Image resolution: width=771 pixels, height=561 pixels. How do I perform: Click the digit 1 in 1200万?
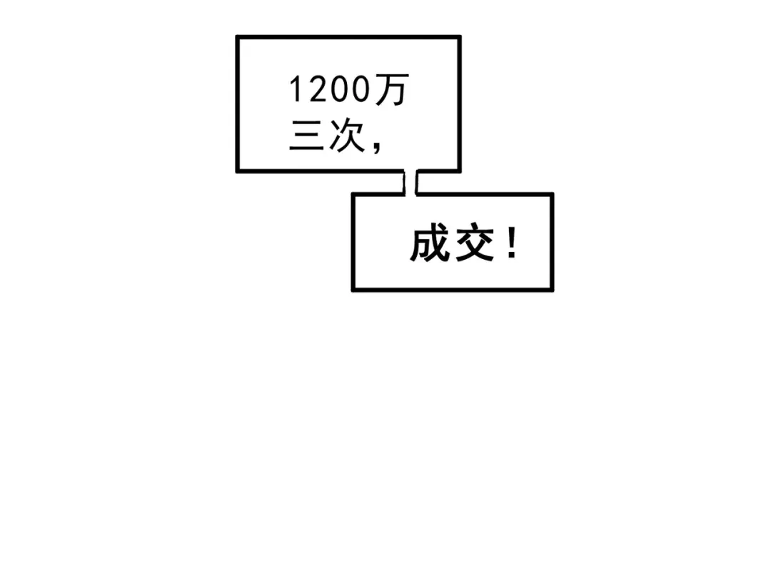295,89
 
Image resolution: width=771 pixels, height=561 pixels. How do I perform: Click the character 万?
392,89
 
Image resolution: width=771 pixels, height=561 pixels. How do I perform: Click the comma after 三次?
376,146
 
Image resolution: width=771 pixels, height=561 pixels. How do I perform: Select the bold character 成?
430,243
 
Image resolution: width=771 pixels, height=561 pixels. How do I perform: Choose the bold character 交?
475,243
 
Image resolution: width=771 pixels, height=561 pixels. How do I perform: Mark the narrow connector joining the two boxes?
410,183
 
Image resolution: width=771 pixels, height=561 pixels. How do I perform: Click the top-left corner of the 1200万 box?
238,37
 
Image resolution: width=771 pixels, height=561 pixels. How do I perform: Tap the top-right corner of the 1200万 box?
459,37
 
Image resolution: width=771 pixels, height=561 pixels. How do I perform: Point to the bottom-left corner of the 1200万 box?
238,171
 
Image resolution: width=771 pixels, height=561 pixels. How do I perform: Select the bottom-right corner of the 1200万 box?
459,171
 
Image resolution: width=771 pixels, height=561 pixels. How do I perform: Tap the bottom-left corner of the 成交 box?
353,290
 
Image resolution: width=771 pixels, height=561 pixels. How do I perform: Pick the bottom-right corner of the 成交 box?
552,290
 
